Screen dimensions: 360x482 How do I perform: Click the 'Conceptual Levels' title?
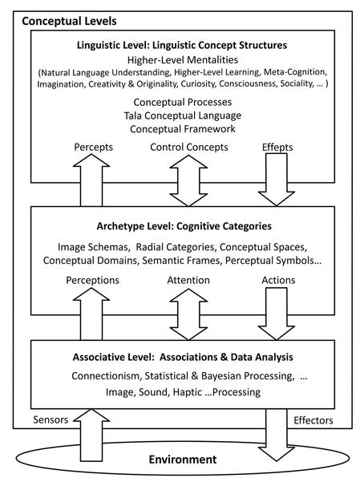[x=69, y=21]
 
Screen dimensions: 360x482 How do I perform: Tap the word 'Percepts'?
[x=94, y=147]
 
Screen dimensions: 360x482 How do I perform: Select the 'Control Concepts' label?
[x=189, y=147]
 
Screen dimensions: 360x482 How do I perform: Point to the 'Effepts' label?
[x=277, y=147]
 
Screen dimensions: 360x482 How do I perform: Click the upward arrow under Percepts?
[x=91, y=180]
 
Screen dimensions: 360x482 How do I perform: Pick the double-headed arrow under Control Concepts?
[x=188, y=180]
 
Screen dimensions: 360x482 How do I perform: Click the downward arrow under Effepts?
[x=277, y=180]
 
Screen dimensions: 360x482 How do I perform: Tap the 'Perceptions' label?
[x=92, y=280]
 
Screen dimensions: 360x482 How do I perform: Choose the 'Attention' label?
[x=188, y=280]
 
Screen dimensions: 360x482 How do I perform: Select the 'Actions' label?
[x=278, y=280]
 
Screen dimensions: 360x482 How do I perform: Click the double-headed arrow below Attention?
[x=188, y=314]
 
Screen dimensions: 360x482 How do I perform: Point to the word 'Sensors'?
[x=51, y=419]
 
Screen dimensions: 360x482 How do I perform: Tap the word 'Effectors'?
[x=313, y=420]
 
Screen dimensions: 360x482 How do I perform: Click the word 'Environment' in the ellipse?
[x=183, y=460]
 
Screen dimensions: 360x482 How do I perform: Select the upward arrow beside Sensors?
[x=91, y=435]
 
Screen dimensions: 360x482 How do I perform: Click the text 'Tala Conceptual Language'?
[x=183, y=115]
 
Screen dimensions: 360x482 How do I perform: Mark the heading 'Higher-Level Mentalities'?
[x=183, y=59]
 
